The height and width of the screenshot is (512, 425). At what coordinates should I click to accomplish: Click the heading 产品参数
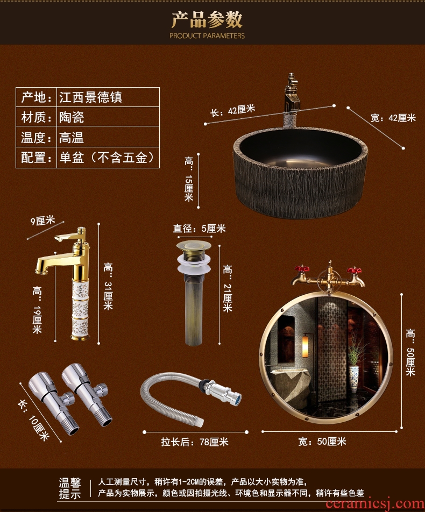[x=207, y=19]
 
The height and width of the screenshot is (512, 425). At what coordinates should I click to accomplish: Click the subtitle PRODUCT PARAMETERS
[x=207, y=35]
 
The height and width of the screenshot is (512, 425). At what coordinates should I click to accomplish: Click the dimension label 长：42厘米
[x=232, y=110]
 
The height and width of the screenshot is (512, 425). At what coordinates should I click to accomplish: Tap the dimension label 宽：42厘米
[x=393, y=118]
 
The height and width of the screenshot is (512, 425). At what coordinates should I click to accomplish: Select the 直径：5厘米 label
[x=199, y=229]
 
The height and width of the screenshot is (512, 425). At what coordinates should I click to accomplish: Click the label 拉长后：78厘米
[x=195, y=442]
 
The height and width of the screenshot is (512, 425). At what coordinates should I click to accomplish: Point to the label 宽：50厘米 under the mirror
[x=322, y=442]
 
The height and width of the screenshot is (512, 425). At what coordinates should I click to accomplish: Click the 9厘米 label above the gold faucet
[x=42, y=221]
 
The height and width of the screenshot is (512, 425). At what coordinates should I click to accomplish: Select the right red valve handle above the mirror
[x=355, y=271]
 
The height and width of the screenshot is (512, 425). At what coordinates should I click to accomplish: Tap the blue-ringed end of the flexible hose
[x=237, y=399]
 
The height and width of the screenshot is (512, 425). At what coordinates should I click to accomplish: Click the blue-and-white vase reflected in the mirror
[x=353, y=379]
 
